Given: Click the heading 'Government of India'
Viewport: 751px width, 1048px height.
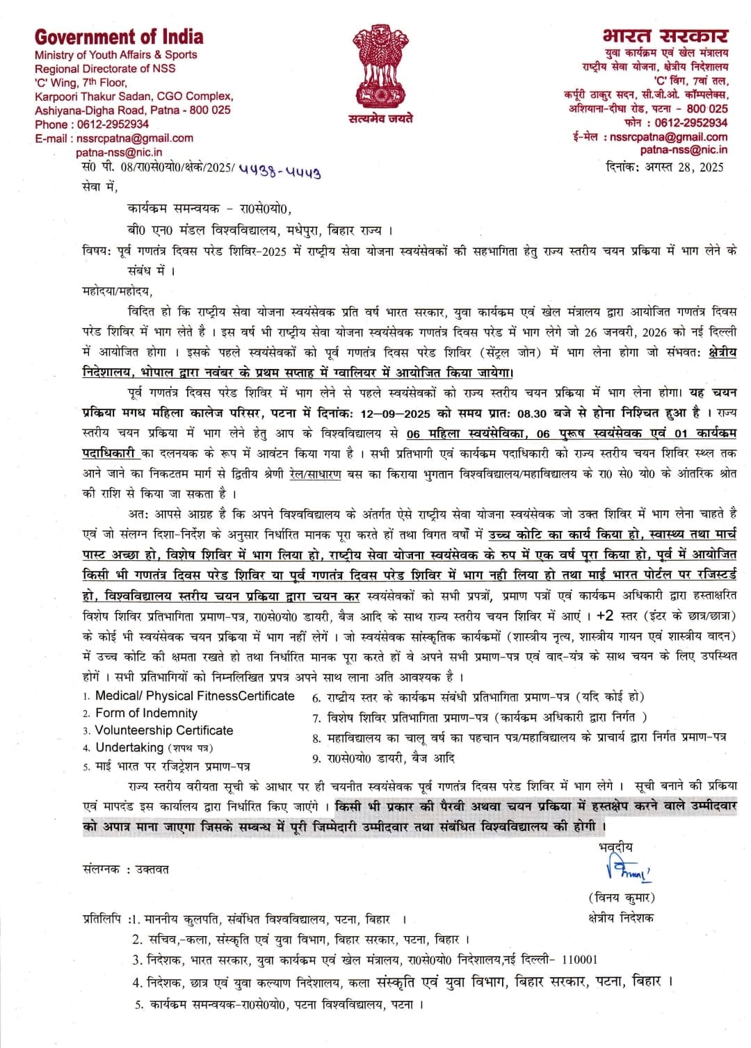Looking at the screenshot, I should click(x=119, y=37).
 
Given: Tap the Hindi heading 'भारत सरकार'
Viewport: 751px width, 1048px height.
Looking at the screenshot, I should click(x=665, y=35).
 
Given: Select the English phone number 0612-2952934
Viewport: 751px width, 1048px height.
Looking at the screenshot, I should click(x=112, y=124).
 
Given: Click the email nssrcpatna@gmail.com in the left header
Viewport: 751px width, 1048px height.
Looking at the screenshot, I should click(x=135, y=138).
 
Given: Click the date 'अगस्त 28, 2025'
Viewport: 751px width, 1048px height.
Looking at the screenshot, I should click(x=684, y=167).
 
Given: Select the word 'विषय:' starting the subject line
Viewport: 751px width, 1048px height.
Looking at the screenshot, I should click(x=97, y=251).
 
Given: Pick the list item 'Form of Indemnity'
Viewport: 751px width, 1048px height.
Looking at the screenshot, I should click(x=146, y=713).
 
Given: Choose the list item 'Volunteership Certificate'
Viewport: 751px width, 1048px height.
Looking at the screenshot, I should click(x=164, y=730).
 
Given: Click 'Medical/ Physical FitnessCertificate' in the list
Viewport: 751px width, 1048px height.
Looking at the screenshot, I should click(x=195, y=696).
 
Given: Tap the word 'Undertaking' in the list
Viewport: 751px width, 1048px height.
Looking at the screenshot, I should click(x=129, y=747).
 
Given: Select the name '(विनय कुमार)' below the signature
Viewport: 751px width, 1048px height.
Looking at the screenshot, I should click(x=621, y=897).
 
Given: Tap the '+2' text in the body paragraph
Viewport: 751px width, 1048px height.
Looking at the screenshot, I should click(x=606, y=616).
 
